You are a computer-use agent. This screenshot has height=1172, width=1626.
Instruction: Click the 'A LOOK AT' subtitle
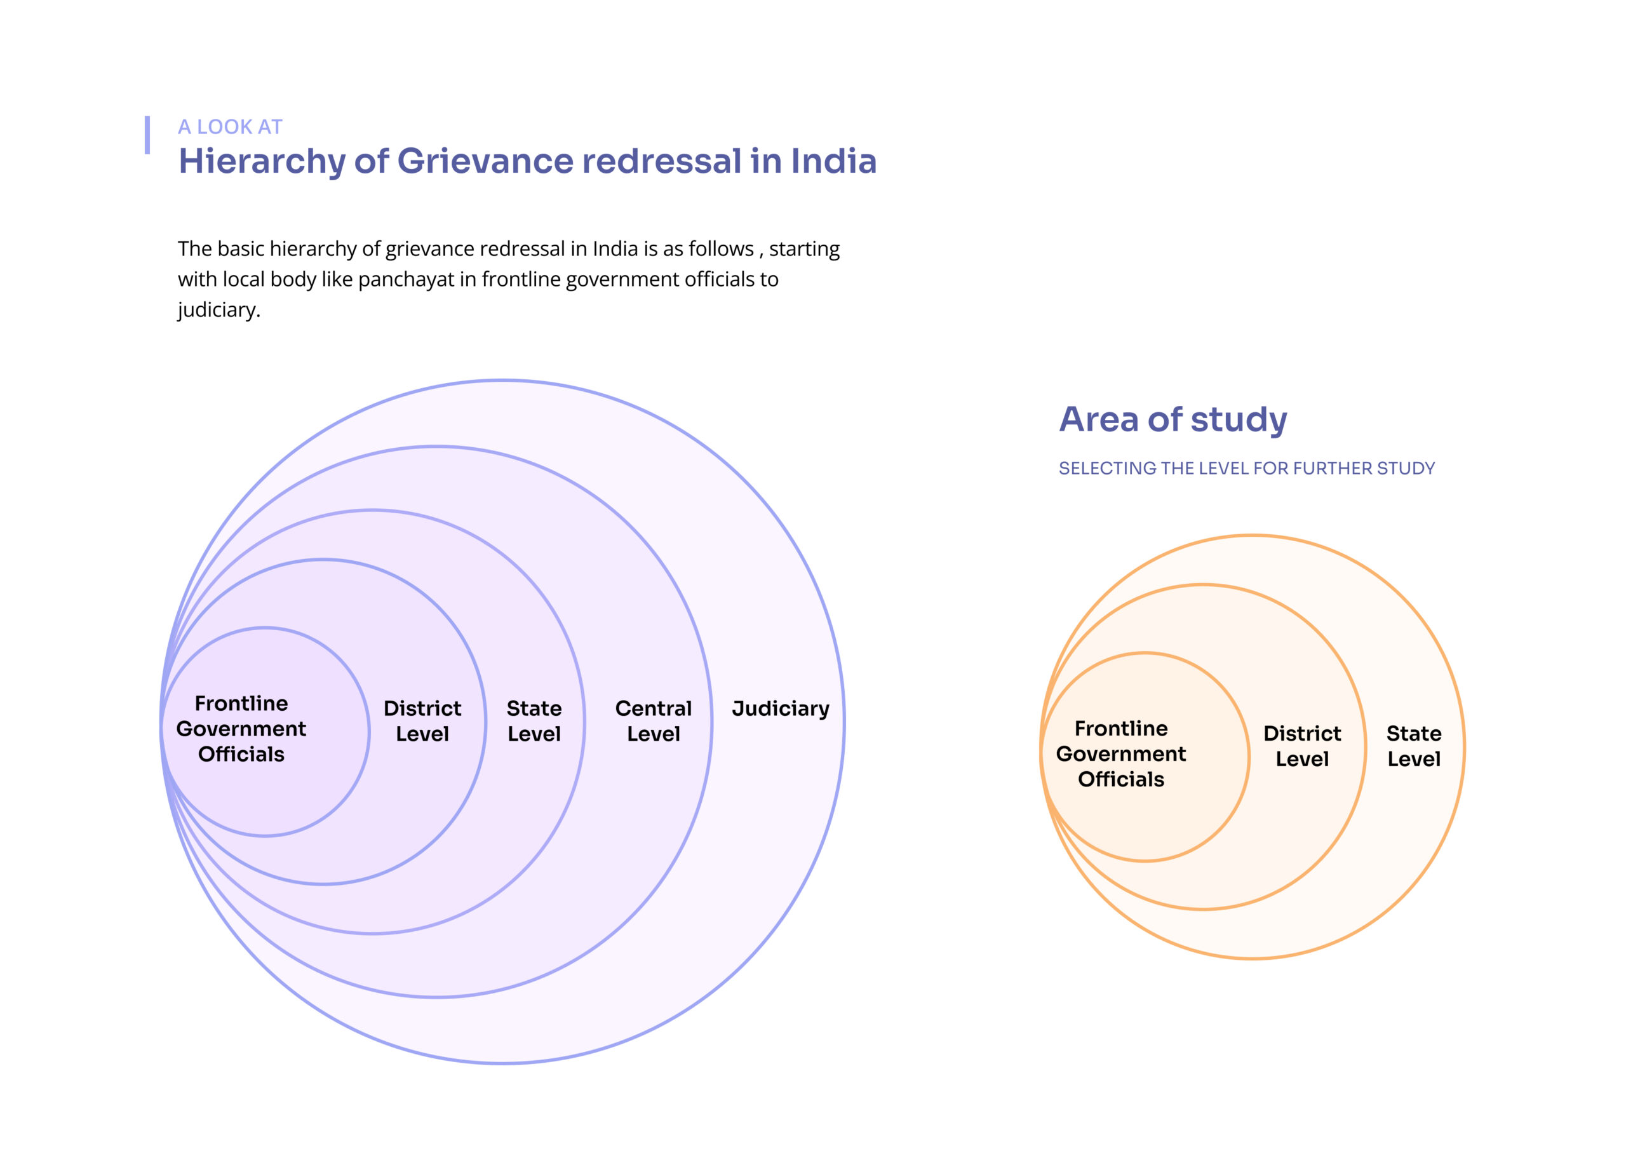[x=230, y=127]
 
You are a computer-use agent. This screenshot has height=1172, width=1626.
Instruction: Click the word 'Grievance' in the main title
[x=485, y=161]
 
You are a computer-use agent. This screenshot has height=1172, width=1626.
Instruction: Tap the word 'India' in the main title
[x=833, y=161]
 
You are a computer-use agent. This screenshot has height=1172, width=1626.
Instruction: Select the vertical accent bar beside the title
[x=148, y=135]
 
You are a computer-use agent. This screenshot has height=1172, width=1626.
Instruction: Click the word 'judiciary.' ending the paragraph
[x=218, y=309]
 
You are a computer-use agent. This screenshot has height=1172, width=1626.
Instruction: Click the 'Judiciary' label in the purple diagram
[x=780, y=709]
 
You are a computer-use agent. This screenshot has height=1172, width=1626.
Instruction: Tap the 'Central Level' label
[x=653, y=721]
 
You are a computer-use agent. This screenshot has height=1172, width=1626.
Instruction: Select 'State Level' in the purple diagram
[x=534, y=721]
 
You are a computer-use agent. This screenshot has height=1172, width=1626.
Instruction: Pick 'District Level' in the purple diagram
[x=422, y=721]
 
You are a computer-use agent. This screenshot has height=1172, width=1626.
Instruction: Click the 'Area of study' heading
[x=1173, y=419]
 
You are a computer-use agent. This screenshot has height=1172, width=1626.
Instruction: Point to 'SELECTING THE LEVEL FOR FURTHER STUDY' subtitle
[x=1247, y=468]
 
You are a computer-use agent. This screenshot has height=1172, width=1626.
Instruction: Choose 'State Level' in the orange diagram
[x=1413, y=746]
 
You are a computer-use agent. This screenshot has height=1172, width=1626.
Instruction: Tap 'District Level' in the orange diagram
[x=1302, y=746]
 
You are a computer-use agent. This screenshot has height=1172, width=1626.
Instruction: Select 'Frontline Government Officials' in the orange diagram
[x=1121, y=754]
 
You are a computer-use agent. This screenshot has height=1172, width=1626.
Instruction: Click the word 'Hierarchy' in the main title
[x=262, y=161]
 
